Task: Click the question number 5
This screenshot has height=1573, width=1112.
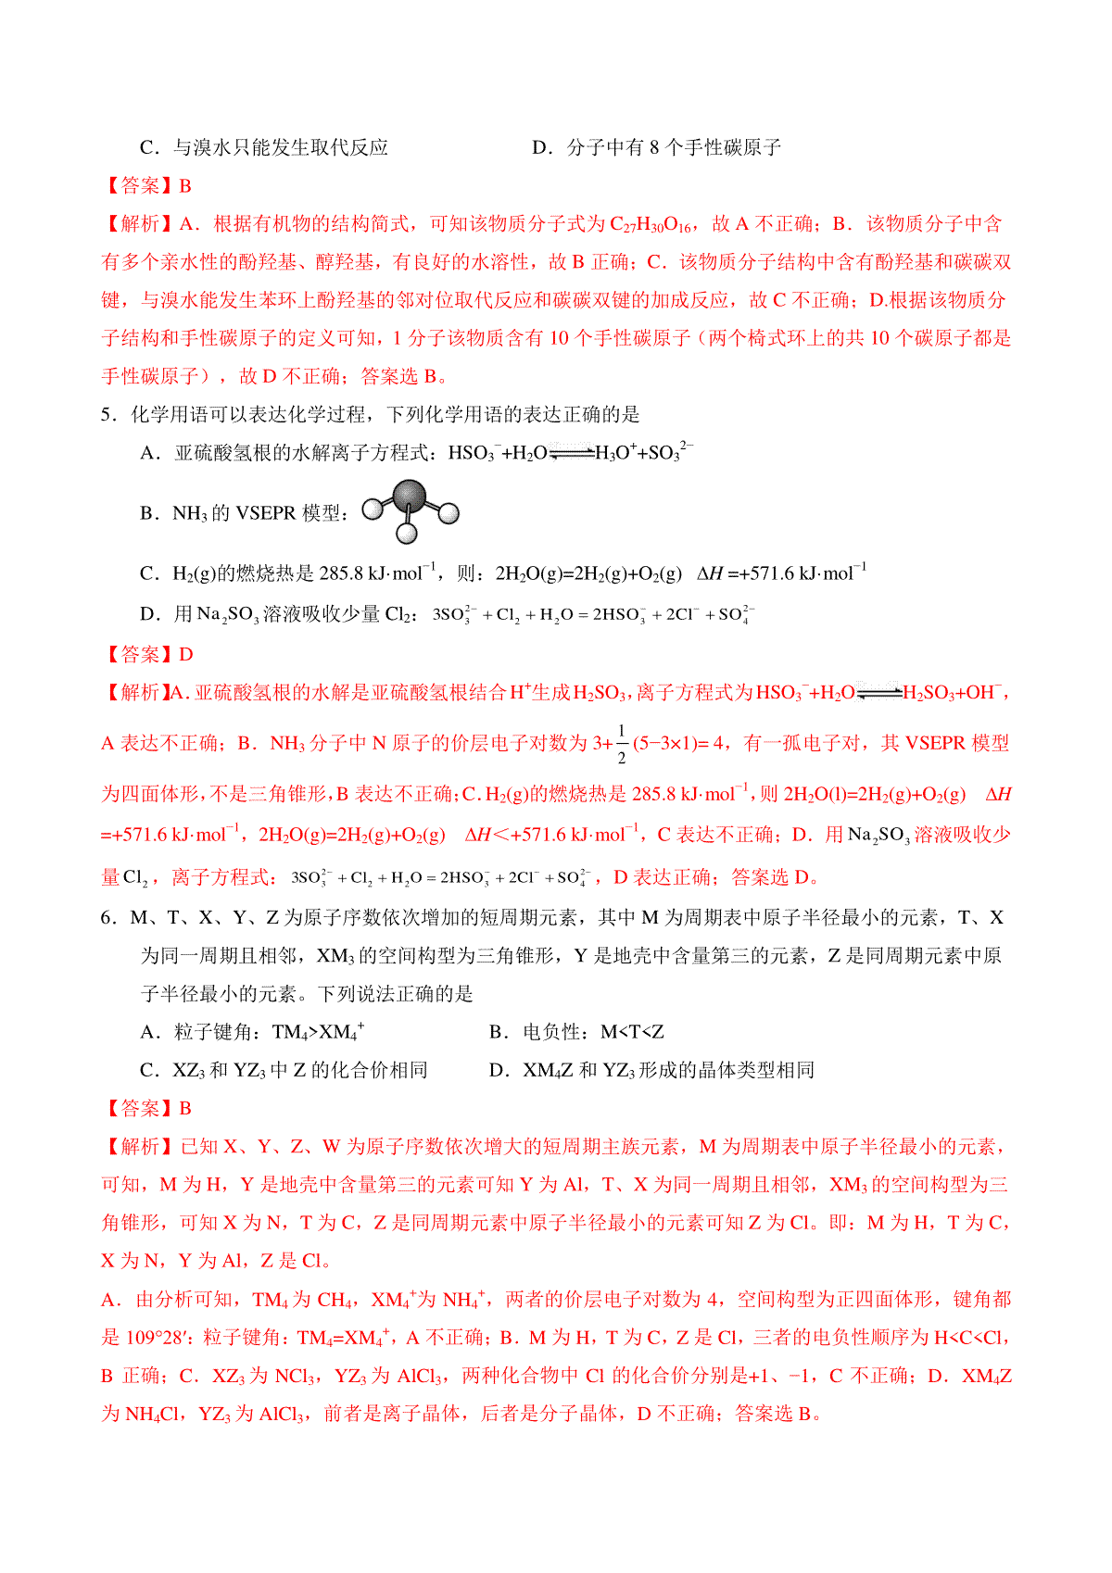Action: (107, 415)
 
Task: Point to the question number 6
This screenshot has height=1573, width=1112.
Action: (107, 918)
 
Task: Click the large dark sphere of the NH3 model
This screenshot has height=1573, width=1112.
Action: (409, 496)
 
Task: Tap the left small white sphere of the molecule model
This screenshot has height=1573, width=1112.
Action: (373, 509)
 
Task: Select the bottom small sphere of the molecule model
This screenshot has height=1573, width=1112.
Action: (407, 534)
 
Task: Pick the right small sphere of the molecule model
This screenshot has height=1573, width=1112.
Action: (449, 512)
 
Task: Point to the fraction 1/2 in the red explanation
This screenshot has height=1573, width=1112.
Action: (621, 745)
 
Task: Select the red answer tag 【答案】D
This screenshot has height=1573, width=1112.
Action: (147, 655)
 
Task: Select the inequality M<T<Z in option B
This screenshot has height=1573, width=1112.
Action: (632, 1033)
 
